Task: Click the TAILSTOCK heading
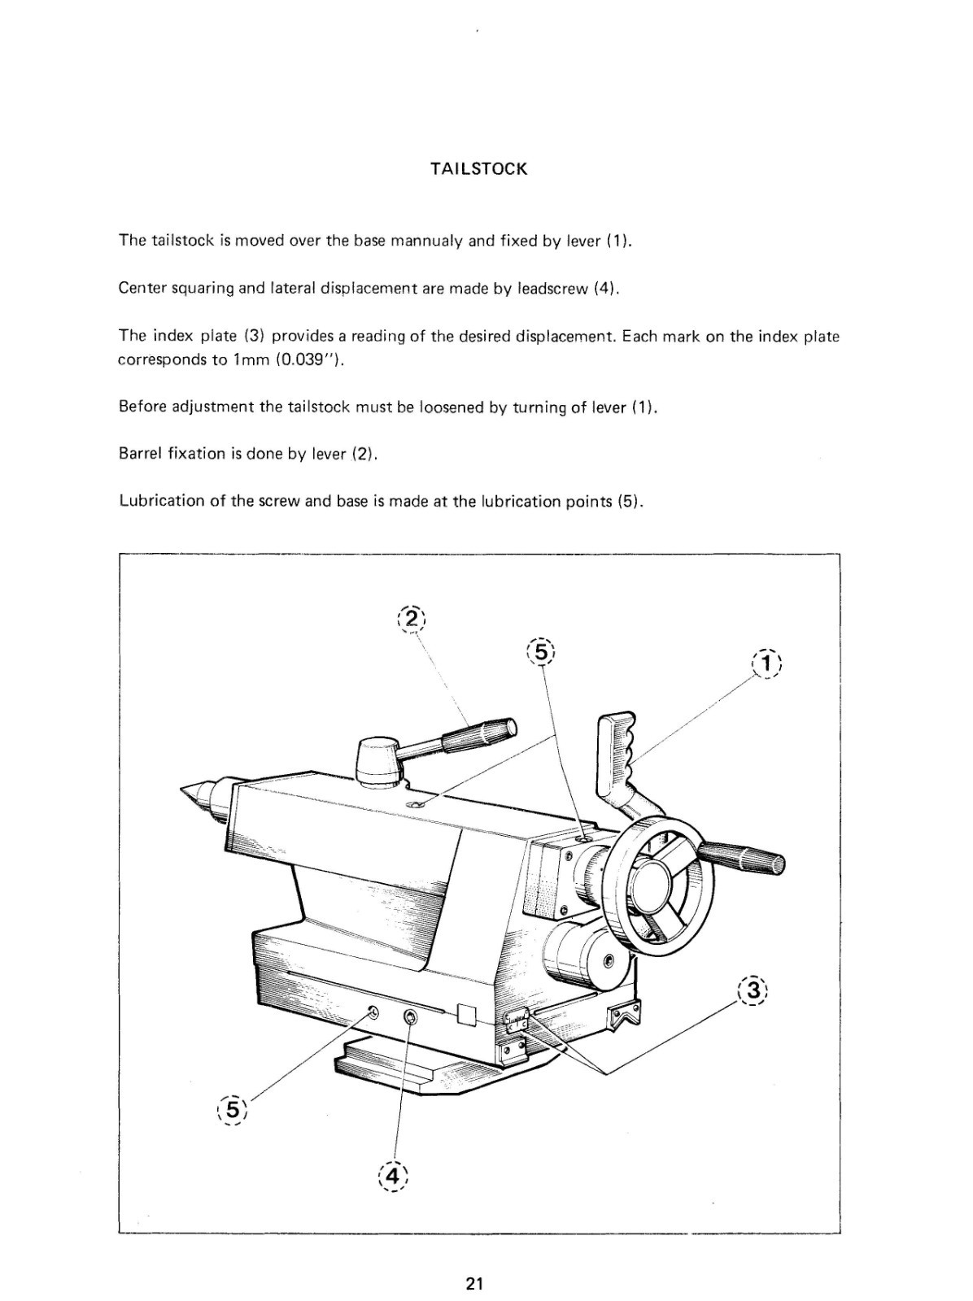tap(478, 169)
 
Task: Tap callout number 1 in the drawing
tap(767, 663)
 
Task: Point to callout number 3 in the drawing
tap(753, 990)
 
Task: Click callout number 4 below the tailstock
tap(393, 1176)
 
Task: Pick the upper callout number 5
tap(540, 651)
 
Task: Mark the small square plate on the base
tap(467, 1014)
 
